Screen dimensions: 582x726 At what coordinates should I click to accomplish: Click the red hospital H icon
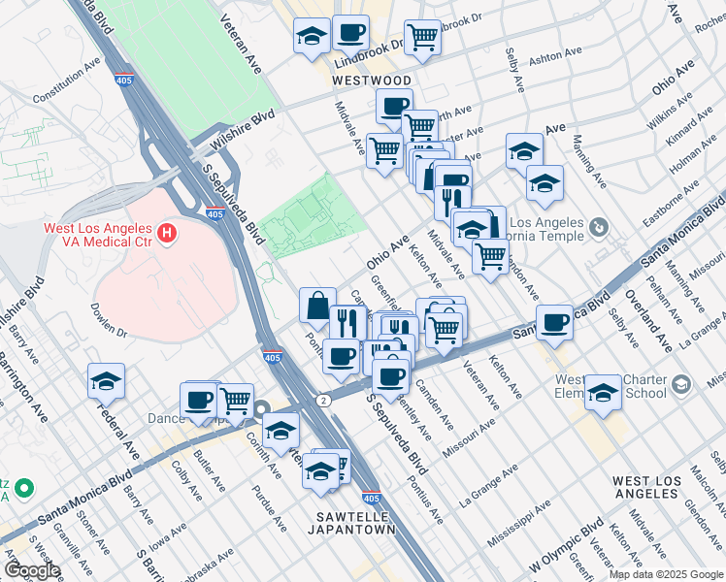click(x=168, y=233)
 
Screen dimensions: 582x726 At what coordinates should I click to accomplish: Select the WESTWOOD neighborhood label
click(x=372, y=81)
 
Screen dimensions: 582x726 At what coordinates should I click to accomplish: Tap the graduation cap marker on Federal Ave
click(x=106, y=380)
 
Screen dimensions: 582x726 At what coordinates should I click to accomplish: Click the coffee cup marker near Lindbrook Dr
click(x=350, y=32)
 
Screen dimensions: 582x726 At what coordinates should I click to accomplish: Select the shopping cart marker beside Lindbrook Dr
click(x=423, y=38)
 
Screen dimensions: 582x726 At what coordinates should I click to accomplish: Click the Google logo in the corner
click(x=32, y=570)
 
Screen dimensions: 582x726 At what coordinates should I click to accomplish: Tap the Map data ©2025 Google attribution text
click(x=666, y=574)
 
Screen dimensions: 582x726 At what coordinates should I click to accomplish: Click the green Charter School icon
click(x=682, y=386)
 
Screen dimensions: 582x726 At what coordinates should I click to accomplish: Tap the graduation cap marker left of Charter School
click(x=603, y=391)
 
